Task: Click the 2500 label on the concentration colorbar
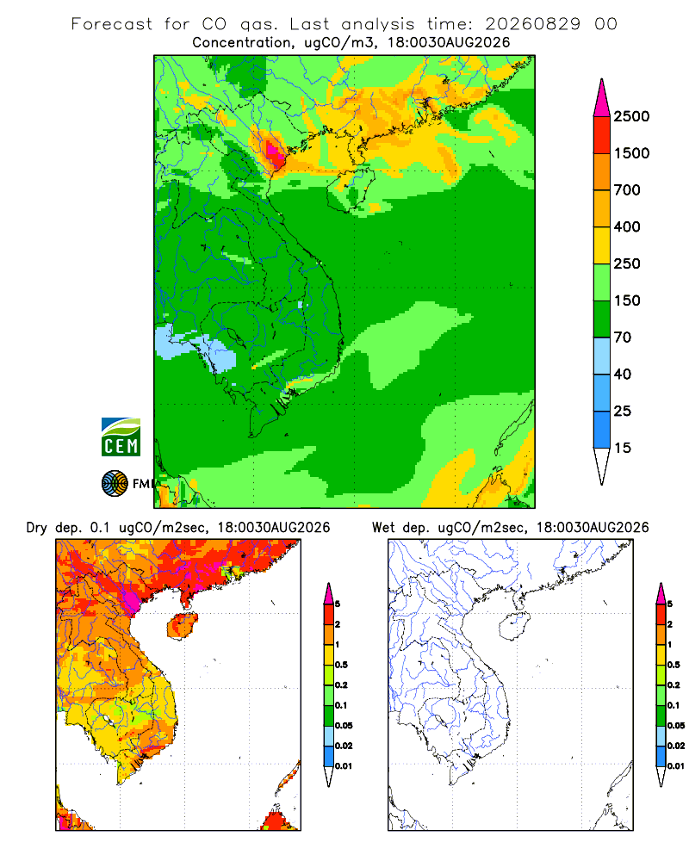(x=631, y=116)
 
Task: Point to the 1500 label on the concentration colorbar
(x=631, y=153)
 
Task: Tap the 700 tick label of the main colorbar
(x=627, y=190)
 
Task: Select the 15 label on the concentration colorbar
(x=623, y=448)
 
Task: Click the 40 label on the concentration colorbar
(x=623, y=375)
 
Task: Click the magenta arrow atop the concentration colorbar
(x=602, y=98)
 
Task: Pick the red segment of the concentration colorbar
(x=602, y=135)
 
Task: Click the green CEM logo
(x=121, y=437)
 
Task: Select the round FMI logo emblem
(x=115, y=484)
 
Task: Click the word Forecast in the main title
(x=112, y=24)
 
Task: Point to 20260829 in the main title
(x=532, y=24)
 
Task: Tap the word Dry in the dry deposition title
(x=36, y=529)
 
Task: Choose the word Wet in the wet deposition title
(x=383, y=528)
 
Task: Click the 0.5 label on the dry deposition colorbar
(x=341, y=665)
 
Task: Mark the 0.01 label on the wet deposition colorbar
(x=676, y=766)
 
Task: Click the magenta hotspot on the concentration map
(x=273, y=151)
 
